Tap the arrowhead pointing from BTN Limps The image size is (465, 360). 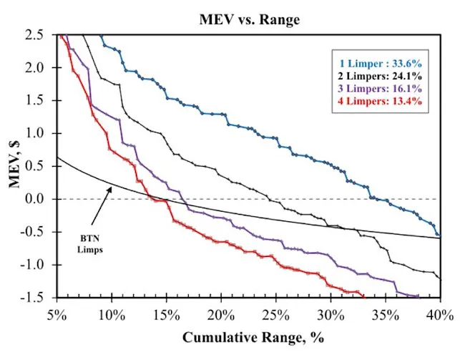(x=112, y=188)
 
